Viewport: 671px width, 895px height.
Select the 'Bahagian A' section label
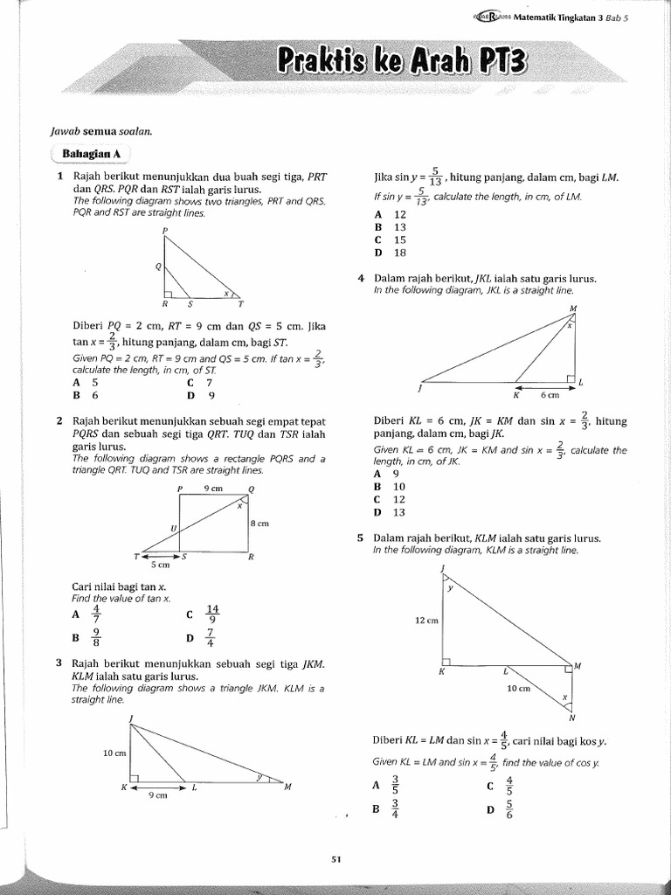click(x=90, y=154)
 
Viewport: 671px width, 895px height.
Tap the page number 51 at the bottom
click(x=335, y=859)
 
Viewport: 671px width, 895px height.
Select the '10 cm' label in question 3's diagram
click(x=114, y=753)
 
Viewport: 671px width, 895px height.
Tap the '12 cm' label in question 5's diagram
click(x=426, y=620)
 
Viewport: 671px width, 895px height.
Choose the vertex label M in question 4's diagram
click(x=573, y=309)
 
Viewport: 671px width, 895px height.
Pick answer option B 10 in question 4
click(x=390, y=486)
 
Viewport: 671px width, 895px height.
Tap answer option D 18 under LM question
click(x=390, y=253)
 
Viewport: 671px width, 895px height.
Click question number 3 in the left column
click(x=58, y=663)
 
